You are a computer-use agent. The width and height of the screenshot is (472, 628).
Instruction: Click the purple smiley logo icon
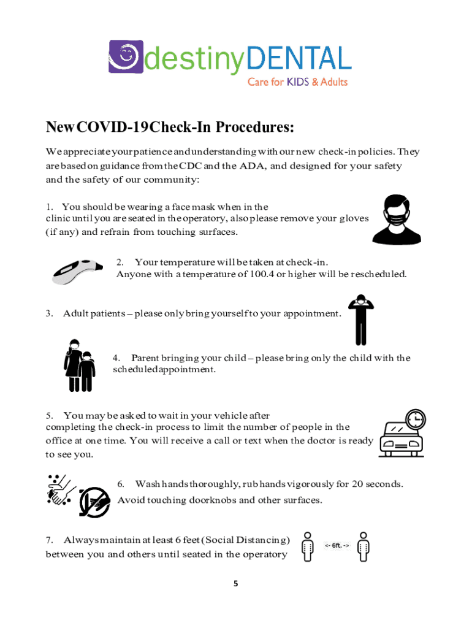tap(126, 57)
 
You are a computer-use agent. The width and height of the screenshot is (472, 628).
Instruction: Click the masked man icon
tap(397, 220)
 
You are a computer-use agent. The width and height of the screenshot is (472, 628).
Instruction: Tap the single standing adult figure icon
tap(360, 319)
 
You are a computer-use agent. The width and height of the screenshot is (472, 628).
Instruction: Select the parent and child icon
tap(80, 366)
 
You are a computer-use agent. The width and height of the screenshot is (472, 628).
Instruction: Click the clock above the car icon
tap(415, 419)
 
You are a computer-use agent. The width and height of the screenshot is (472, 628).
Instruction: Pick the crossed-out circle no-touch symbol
tap(94, 502)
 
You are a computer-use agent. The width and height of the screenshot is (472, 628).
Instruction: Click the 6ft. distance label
tap(337, 545)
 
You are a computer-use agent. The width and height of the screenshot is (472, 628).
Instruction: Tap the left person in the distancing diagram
tap(308, 546)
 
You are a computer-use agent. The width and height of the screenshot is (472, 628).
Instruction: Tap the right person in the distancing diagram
tap(364, 546)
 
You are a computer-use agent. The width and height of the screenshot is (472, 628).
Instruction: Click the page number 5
tap(235, 584)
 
